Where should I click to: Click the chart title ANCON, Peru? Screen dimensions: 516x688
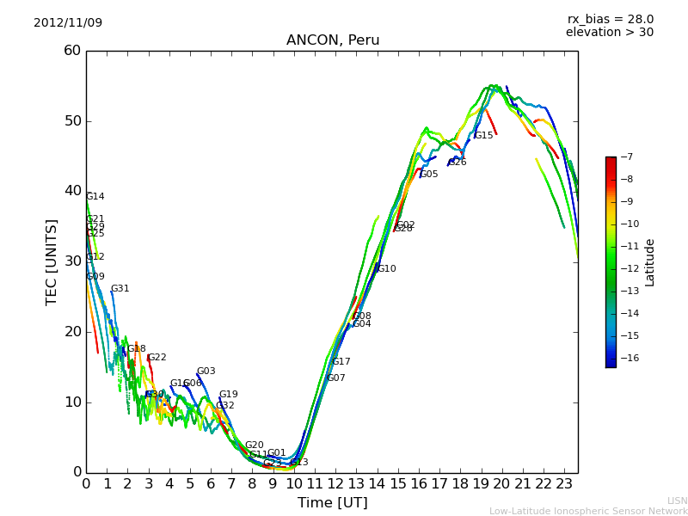pyautogui.click(x=332, y=40)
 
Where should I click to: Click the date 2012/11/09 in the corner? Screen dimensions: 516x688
pyautogui.click(x=68, y=22)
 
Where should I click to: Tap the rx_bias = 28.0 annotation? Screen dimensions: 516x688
pyautogui.click(x=610, y=19)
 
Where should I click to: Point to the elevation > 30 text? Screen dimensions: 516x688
pyautogui.click(x=609, y=33)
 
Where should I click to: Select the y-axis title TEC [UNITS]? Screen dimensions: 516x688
pyautogui.click(x=52, y=261)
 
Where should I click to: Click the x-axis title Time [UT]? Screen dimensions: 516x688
pyautogui.click(x=332, y=503)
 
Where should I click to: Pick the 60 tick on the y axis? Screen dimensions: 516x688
pyautogui.click(x=72, y=51)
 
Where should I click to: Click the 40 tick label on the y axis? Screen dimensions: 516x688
pyautogui.click(x=72, y=191)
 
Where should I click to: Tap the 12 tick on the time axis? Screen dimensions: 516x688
pyautogui.click(x=335, y=484)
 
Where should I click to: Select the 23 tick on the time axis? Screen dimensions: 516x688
pyautogui.click(x=564, y=484)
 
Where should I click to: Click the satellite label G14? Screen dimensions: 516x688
pyautogui.click(x=95, y=197)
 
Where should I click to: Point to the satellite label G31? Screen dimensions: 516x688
pyautogui.click(x=120, y=289)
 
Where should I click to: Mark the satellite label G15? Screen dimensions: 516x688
pyautogui.click(x=483, y=136)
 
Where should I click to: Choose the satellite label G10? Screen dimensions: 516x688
pyautogui.click(x=386, y=269)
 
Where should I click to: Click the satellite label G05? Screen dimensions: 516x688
pyautogui.click(x=428, y=175)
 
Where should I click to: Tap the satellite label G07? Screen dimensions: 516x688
pyautogui.click(x=335, y=378)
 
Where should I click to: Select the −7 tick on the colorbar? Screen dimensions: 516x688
pyautogui.click(x=625, y=157)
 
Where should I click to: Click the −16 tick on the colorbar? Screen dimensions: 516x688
pyautogui.click(x=625, y=358)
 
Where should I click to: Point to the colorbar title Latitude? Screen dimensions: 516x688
pyautogui.click(x=650, y=262)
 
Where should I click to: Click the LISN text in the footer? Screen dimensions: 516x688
pyautogui.click(x=677, y=501)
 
